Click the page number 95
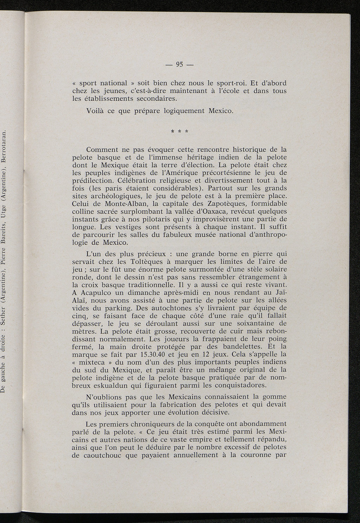(179, 64)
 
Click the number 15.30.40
(151, 354)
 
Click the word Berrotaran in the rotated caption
(4, 145)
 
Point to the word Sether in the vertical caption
(4, 311)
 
